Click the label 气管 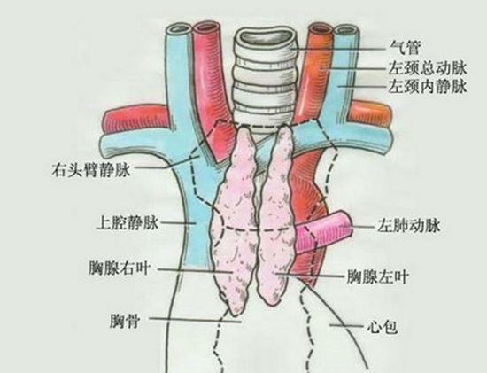point(405,49)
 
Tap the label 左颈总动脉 point(428,67)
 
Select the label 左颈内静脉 point(428,86)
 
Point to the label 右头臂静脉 point(90,170)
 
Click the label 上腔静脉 point(128,223)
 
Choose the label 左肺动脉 point(409,226)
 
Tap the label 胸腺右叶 point(120,268)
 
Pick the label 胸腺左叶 point(377,276)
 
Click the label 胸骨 point(125,321)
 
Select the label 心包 point(382,327)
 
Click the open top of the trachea point(267,37)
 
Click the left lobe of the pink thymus point(276,214)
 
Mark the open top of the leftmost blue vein point(178,29)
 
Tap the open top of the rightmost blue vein point(346,31)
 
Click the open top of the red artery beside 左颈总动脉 point(321,28)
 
